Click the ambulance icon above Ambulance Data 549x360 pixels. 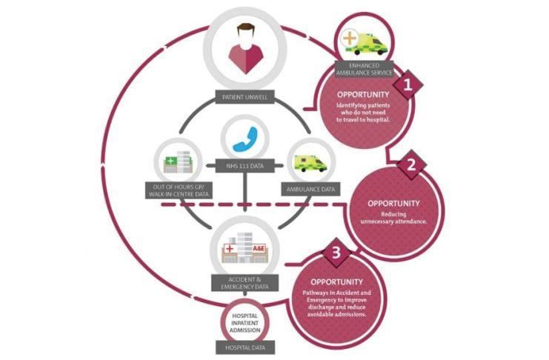(x=310, y=162)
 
